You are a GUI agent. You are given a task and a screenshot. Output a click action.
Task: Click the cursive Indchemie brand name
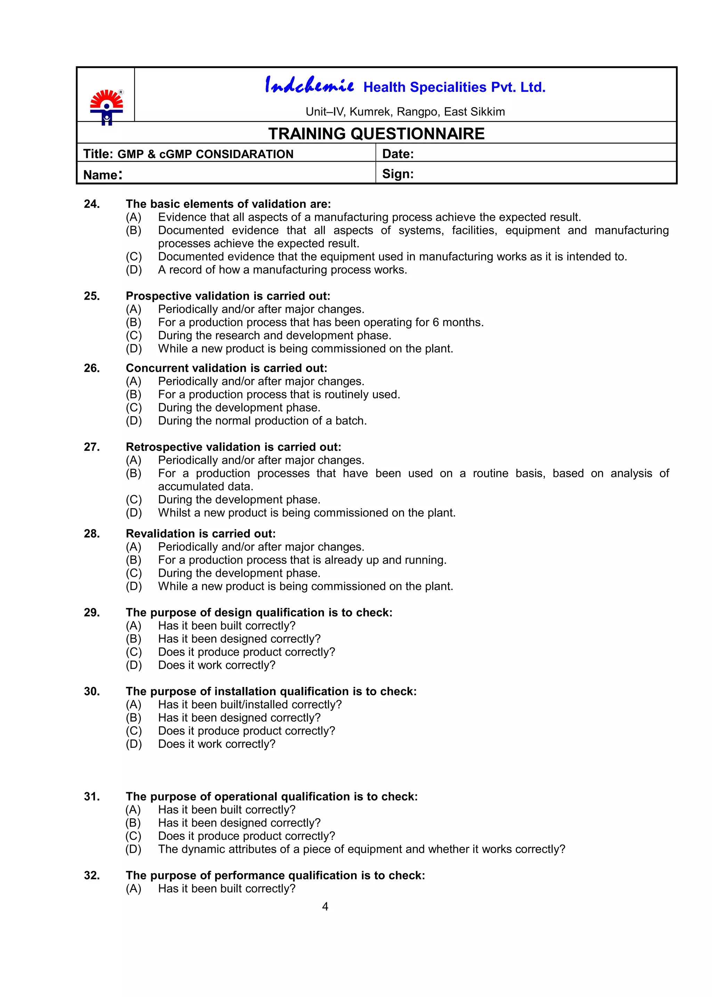(309, 85)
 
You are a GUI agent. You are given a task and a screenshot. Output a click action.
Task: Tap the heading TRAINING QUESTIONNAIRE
(376, 134)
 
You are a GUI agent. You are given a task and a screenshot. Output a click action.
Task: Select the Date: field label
(398, 154)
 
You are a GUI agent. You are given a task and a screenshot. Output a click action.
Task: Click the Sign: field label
(398, 174)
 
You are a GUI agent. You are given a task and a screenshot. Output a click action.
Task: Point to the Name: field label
(103, 175)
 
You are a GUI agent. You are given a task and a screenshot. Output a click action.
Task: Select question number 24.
(92, 204)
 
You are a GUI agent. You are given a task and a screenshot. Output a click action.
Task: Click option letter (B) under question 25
(134, 322)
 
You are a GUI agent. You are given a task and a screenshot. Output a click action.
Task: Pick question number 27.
(92, 447)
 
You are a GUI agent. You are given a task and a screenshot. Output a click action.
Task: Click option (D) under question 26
(134, 421)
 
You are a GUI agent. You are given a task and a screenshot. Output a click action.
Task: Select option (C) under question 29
(134, 652)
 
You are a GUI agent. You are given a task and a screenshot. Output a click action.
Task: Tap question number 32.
(92, 876)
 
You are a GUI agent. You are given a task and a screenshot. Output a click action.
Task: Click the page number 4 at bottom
(325, 906)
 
